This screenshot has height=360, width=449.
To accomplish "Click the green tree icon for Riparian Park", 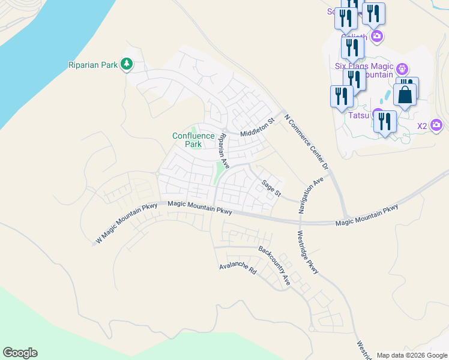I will tap(126, 64).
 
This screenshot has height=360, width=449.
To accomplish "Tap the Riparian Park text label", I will tap(92, 64).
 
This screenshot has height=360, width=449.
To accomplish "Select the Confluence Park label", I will tap(193, 140).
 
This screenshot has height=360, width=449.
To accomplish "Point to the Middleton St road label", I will tap(257, 130).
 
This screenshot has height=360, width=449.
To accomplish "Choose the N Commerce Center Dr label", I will tap(307, 142).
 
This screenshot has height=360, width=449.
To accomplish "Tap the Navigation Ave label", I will tap(311, 196).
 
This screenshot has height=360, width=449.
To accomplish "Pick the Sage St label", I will tap(270, 188).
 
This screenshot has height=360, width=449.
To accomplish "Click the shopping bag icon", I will tap(406, 95).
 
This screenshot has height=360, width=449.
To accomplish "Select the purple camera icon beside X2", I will tap(436, 125).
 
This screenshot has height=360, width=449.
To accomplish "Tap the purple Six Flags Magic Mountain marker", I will tap(402, 69).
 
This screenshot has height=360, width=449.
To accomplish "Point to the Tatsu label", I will tap(359, 115).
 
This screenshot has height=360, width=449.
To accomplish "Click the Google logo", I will tap(20, 353).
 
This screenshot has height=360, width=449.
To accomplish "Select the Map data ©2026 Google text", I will tap(412, 355).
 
